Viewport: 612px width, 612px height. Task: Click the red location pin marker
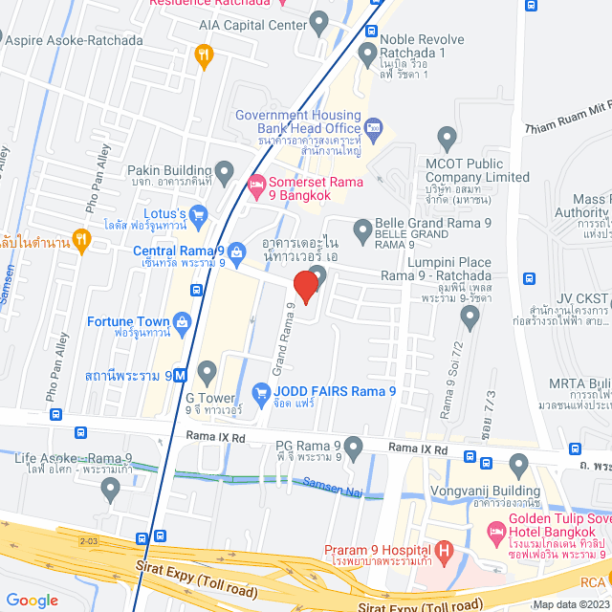(x=305, y=286)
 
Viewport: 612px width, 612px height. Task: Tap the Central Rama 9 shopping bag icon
(x=236, y=251)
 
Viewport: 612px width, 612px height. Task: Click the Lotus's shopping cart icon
(x=199, y=212)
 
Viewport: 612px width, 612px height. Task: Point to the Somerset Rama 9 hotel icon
(x=255, y=184)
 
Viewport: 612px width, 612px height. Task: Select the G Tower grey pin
(x=207, y=371)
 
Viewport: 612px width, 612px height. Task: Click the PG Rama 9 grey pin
(x=355, y=447)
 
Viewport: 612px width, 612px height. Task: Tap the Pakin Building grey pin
(x=225, y=173)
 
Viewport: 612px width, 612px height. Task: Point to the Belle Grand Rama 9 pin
(x=362, y=229)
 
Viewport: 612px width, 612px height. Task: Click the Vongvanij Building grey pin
(x=519, y=467)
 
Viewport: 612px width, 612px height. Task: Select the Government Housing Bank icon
(x=373, y=126)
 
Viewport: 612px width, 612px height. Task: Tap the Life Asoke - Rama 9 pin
(x=111, y=490)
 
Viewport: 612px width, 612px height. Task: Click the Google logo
(x=32, y=600)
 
